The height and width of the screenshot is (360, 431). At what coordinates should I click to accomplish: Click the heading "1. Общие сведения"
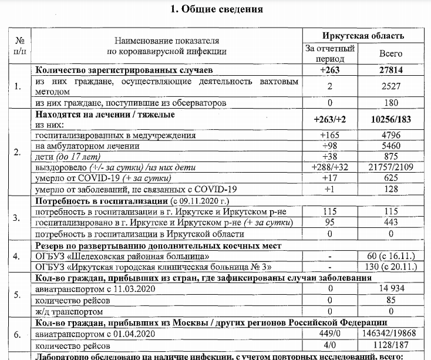click(215, 9)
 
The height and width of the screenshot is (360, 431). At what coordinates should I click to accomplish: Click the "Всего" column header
click(391, 53)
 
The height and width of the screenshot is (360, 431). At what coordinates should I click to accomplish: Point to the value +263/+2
click(330, 119)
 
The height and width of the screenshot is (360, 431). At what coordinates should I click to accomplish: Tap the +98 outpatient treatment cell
click(330, 146)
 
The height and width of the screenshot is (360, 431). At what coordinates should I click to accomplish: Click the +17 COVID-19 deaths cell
click(330, 177)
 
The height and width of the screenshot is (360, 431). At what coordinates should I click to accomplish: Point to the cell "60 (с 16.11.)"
click(391, 256)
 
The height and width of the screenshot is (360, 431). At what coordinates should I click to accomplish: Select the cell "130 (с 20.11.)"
click(391, 267)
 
